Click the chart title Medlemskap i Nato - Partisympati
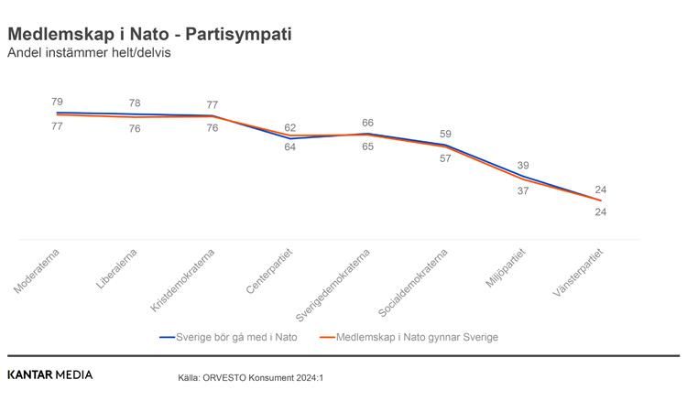(149, 34)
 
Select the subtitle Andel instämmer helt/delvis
(89, 53)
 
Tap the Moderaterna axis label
(36, 272)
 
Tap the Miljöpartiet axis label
(506, 267)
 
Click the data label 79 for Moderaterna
(57, 102)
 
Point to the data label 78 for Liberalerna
(135, 103)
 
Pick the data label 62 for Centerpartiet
(289, 128)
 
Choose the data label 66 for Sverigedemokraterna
(367, 123)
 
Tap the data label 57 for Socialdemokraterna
(445, 158)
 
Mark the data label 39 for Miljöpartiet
(523, 166)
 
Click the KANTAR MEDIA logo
(49, 374)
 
